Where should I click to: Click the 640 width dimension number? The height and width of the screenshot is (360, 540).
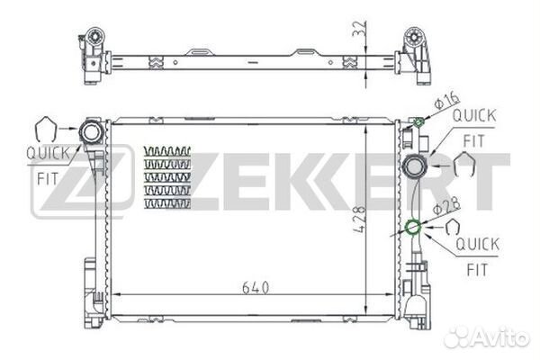click(256, 288)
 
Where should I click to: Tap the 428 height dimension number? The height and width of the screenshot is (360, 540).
click(359, 220)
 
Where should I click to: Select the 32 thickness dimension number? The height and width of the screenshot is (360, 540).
click(358, 29)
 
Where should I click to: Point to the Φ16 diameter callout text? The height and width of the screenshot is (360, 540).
click(446, 100)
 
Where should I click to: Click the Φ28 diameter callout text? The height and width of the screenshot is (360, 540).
click(446, 206)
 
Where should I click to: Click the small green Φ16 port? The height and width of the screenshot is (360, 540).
click(418, 121)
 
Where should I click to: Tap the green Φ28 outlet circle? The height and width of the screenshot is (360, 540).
click(413, 227)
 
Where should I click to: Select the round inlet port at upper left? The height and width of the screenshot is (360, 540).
click(91, 132)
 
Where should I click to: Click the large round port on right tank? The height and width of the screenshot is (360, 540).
click(415, 166)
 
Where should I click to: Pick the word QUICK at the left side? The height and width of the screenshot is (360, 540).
click(48, 154)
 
